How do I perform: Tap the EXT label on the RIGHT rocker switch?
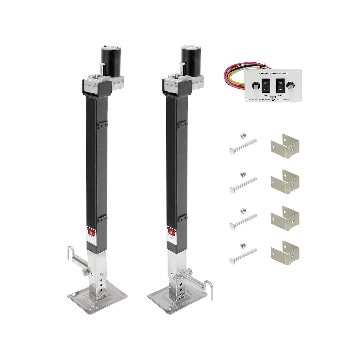point(281,89)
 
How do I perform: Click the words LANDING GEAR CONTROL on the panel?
point(273,73)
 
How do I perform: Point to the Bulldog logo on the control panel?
point(273,99)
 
